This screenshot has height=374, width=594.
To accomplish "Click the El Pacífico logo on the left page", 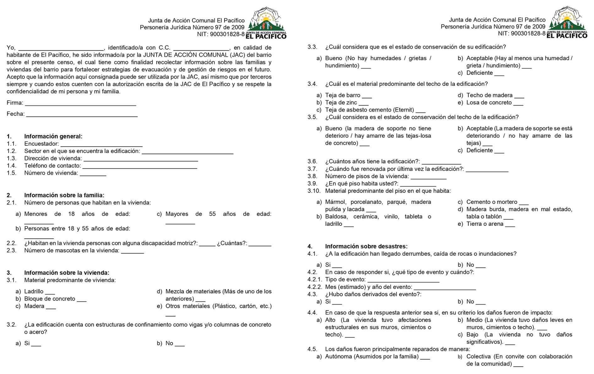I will click(x=266, y=23).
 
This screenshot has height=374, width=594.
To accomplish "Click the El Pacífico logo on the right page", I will click(x=567, y=22).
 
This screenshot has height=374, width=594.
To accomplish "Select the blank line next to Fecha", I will click(x=82, y=115).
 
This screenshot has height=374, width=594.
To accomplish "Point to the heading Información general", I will click(x=53, y=136).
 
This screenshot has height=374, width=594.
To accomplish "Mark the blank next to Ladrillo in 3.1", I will click(x=50, y=293).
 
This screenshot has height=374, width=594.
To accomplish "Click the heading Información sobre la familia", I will click(x=64, y=195).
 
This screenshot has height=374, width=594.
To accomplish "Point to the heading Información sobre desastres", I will click(x=366, y=246).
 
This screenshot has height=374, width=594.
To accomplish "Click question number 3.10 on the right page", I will click(x=314, y=191).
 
